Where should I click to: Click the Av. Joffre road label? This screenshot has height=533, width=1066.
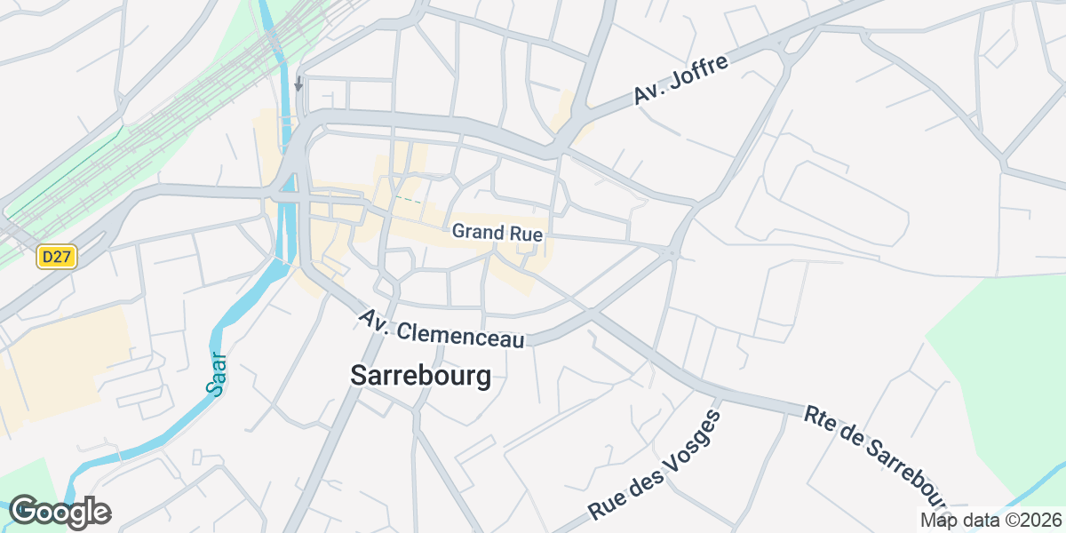tap(681, 80)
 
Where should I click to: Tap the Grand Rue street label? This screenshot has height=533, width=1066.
tap(497, 232)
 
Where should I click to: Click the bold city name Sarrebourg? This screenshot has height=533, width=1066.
tap(420, 376)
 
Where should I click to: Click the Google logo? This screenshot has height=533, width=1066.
tap(60, 512)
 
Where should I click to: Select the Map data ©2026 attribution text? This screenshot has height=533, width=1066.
tap(990, 520)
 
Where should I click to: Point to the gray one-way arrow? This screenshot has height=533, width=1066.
tap(298, 84)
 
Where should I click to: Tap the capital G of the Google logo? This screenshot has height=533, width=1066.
tap(26, 511)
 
